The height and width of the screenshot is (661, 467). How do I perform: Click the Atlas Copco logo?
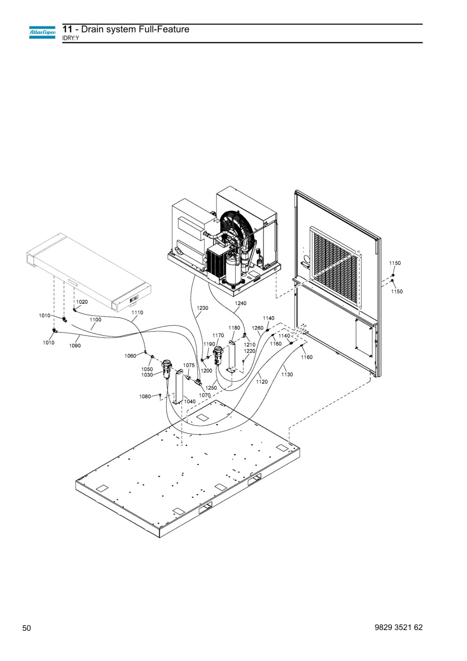tap(42, 33)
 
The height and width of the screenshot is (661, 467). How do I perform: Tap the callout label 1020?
tap(82, 302)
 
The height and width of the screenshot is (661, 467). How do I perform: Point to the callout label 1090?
tap(75, 345)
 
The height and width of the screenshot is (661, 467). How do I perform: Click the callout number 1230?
tap(202, 308)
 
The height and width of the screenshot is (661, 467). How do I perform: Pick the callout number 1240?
tap(240, 303)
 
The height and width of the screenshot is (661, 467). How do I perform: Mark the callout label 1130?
tap(287, 374)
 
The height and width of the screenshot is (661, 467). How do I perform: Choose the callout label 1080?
tap(145, 396)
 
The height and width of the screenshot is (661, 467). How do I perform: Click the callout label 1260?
tap(258, 328)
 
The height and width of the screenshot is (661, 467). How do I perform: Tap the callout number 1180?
tap(234, 328)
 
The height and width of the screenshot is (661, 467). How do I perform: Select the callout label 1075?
tap(189, 365)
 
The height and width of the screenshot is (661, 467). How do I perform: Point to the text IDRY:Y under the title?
tap(71, 38)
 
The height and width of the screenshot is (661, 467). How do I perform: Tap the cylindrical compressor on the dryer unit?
tap(233, 269)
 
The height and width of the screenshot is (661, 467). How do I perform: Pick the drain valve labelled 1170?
tap(218, 354)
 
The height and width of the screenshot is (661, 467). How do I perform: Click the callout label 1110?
tap(137, 312)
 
